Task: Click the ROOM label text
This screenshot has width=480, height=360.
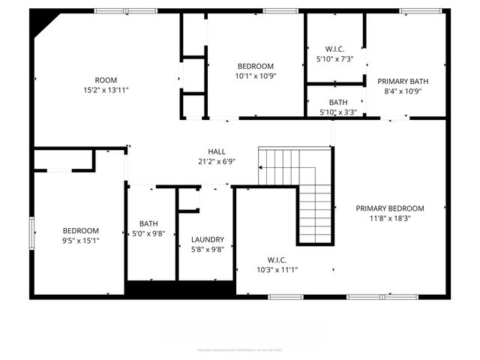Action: click(106, 80)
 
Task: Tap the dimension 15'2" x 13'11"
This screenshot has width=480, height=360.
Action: click(106, 91)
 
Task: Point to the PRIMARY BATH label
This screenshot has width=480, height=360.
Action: click(403, 81)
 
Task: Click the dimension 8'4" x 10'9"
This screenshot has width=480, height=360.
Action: click(403, 91)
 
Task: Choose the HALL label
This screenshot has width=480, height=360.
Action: click(217, 151)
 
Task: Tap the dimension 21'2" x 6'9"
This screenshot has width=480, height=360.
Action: click(217, 161)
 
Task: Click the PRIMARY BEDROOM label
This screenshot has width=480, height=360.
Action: click(390, 208)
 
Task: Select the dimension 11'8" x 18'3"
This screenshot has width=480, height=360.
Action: click(390, 218)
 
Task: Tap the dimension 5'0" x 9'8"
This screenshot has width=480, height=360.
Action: click(148, 233)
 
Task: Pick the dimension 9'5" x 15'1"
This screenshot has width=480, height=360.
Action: click(80, 241)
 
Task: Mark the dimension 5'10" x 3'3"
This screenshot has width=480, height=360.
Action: click(337, 112)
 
